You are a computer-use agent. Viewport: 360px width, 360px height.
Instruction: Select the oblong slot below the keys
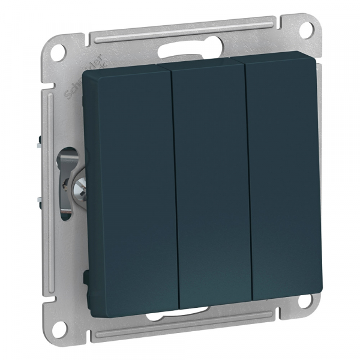[x=195, y=310]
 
